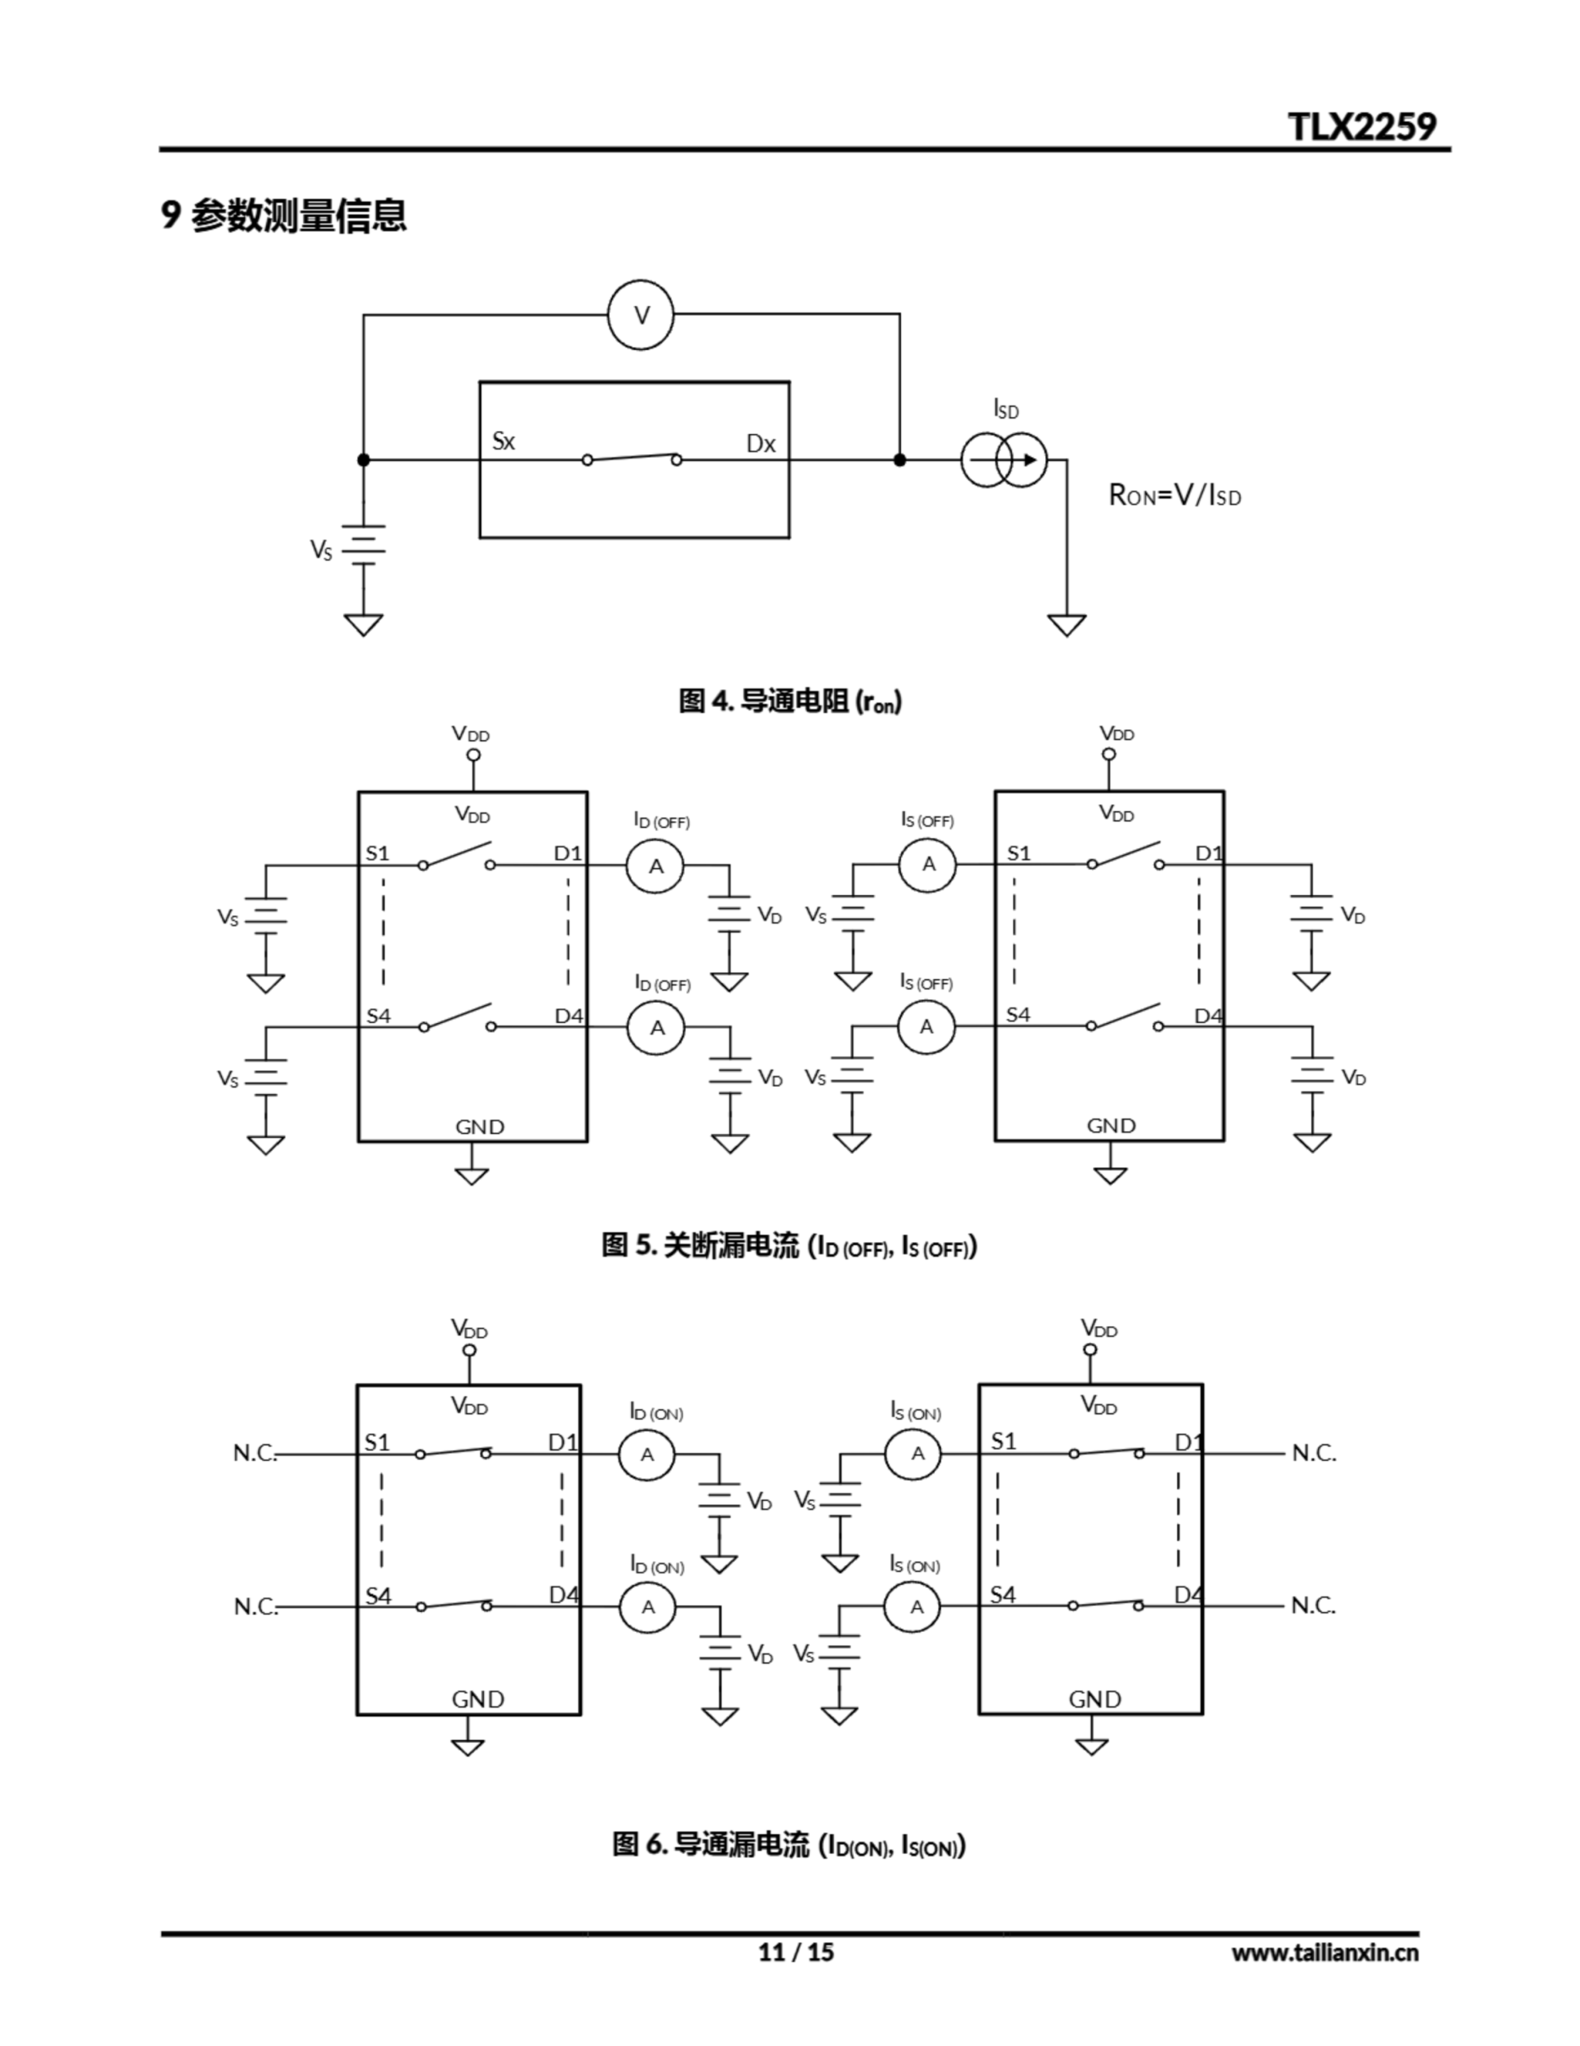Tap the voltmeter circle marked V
(641, 315)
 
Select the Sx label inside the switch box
(504, 441)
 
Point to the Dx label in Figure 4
(760, 444)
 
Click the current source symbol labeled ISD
(1004, 460)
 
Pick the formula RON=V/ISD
(1174, 495)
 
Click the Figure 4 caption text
(789, 701)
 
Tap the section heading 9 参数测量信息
(284, 216)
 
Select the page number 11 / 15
(795, 1952)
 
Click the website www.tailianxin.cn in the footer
(1324, 1952)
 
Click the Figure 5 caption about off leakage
(788, 1246)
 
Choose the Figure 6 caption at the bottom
(788, 1845)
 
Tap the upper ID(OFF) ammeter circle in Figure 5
(656, 866)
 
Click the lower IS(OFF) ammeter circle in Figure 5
(927, 1027)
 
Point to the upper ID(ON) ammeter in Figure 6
(646, 1455)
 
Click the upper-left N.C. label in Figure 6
(255, 1453)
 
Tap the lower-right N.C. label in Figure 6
(1313, 1606)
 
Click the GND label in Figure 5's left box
(479, 1127)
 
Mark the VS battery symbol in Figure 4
(363, 544)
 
